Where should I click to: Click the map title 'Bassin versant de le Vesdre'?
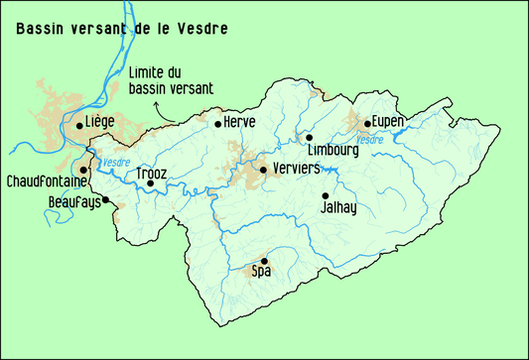tap(121, 29)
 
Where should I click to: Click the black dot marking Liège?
tap(79, 126)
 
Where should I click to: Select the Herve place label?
tap(240, 122)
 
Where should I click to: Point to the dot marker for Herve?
tap(218, 124)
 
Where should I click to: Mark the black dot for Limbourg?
tap(309, 138)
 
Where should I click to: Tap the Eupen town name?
tap(388, 122)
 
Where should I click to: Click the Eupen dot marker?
tap(367, 124)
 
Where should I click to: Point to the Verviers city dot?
tap(263, 170)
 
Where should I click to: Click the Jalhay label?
tap(337, 208)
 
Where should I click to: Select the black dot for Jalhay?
tap(325, 195)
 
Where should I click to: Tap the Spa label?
tap(261, 271)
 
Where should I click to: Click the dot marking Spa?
tap(264, 261)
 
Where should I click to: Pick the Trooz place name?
tap(151, 173)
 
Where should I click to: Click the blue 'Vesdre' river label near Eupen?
tap(370, 140)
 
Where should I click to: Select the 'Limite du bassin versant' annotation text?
tap(171, 81)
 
